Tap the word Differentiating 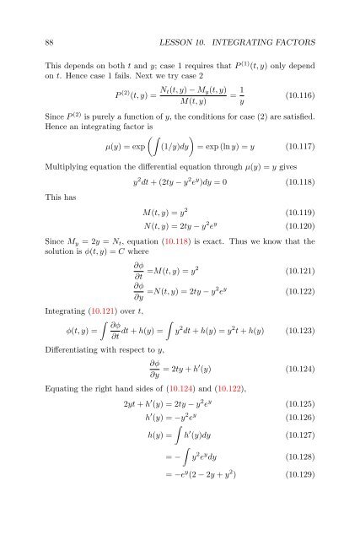[74, 374]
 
